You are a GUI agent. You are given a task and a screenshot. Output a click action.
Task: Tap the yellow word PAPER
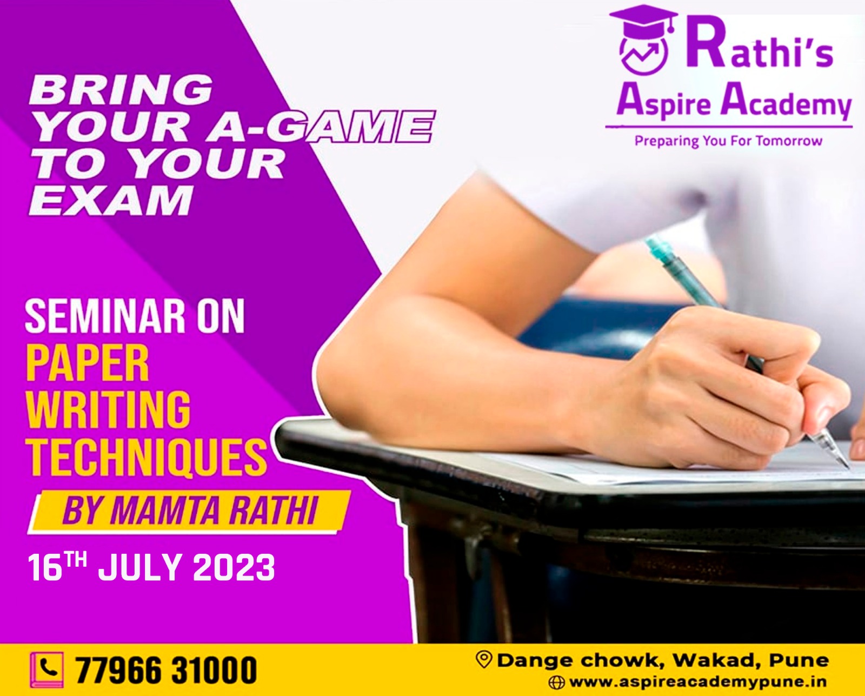point(87,364)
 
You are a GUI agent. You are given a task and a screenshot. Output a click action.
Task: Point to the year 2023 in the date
point(234,567)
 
